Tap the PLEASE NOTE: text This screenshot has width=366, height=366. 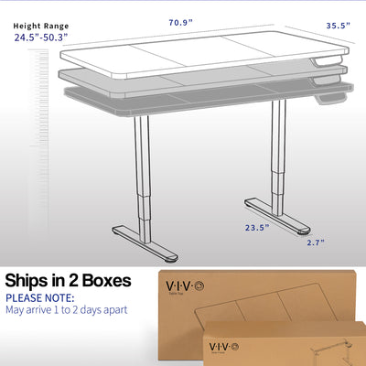click(44, 297)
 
